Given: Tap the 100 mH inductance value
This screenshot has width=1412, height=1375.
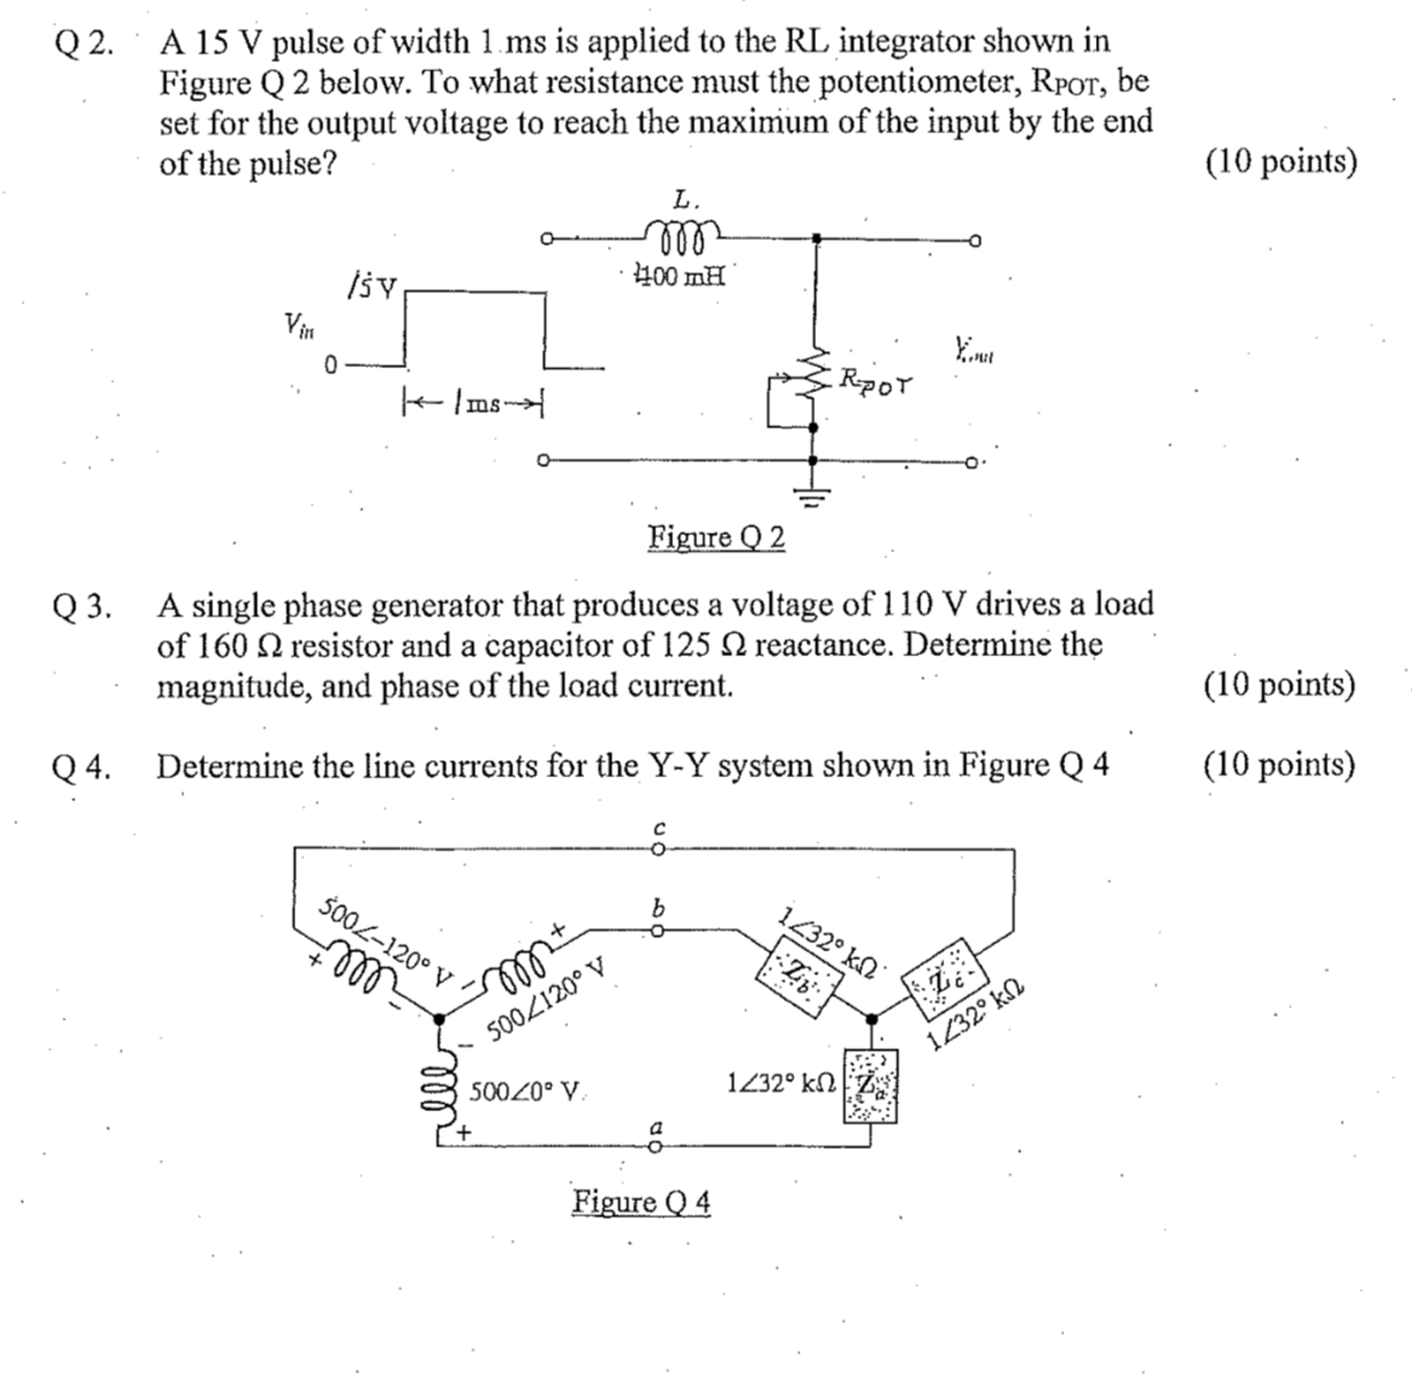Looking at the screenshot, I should (679, 277).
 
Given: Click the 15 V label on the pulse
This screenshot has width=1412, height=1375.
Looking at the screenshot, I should (372, 286).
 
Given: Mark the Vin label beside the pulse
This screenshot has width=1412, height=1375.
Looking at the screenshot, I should (299, 325).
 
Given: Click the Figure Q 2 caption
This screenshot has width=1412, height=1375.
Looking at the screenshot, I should (716, 537).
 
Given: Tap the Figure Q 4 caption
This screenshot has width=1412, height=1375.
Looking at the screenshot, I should (641, 1202).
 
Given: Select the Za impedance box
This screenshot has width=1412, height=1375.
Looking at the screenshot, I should (870, 1085).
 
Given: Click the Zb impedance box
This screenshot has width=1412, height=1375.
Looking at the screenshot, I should (798, 973).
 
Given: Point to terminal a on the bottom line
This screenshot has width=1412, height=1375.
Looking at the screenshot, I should (656, 1146).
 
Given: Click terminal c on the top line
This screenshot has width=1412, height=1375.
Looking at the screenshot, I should (658, 849).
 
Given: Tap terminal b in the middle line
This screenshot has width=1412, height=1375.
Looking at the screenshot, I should (658, 932).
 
